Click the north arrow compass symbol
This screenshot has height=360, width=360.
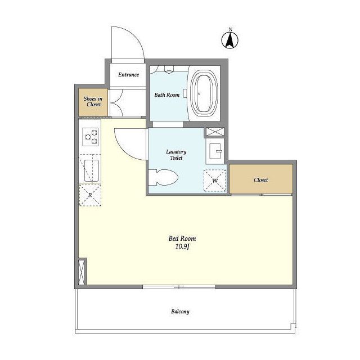click(230, 40)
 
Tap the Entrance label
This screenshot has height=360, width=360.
click(129, 75)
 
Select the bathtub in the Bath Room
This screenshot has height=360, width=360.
click(204, 93)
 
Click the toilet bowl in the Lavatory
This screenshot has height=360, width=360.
click(163, 178)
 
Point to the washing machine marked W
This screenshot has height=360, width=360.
click(215, 181)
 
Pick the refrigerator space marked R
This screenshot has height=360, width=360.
click(90, 195)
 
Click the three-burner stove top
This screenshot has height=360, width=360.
click(91, 137)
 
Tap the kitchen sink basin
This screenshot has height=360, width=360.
click(92, 170)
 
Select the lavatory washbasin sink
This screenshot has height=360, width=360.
click(215, 151)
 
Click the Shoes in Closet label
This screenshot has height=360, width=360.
click(93, 101)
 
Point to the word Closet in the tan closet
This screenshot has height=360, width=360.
click(261, 180)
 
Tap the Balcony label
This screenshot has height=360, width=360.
click(180, 312)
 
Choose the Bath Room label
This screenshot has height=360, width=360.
click(167, 95)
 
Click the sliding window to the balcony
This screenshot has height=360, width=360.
click(179, 287)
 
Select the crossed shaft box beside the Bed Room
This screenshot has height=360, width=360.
click(82, 272)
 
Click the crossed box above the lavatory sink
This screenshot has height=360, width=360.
click(215, 132)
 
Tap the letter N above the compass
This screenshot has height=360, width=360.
click(230, 29)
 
